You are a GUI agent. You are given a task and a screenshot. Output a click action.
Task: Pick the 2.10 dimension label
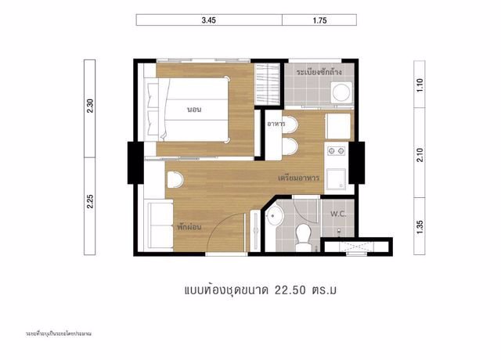420,155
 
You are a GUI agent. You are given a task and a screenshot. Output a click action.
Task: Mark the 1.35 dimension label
420,226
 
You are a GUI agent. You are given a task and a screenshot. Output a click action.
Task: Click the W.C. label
338,213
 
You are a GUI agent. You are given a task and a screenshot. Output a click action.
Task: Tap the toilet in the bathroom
305,232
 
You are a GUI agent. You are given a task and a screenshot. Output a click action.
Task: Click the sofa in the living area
154,224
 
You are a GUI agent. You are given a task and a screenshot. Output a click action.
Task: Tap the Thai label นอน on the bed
194,110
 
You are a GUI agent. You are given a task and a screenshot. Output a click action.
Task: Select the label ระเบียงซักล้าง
324,72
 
